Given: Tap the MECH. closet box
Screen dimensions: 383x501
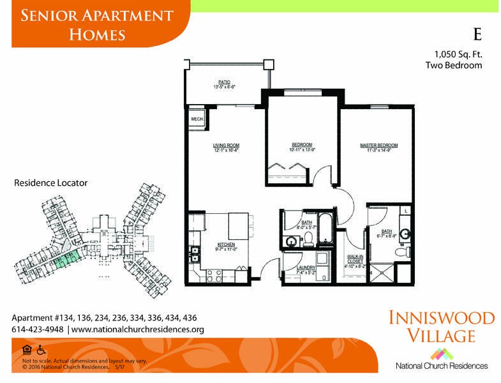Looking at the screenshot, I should [x=196, y=119].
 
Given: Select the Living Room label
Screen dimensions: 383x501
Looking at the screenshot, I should [x=226, y=147].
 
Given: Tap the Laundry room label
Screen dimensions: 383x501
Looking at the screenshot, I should [x=306, y=271].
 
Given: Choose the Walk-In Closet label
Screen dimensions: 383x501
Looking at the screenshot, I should [x=354, y=262].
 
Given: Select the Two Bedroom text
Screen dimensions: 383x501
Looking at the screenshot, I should [x=453, y=65].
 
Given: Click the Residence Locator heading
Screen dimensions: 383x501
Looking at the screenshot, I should [x=50, y=183].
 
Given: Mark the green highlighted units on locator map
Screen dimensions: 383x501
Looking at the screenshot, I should [x=66, y=258].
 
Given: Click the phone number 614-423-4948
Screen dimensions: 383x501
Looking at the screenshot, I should [x=37, y=329].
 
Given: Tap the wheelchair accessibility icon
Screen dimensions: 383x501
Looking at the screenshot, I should [x=41, y=350].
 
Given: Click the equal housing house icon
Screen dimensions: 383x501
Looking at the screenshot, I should [x=26, y=350].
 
